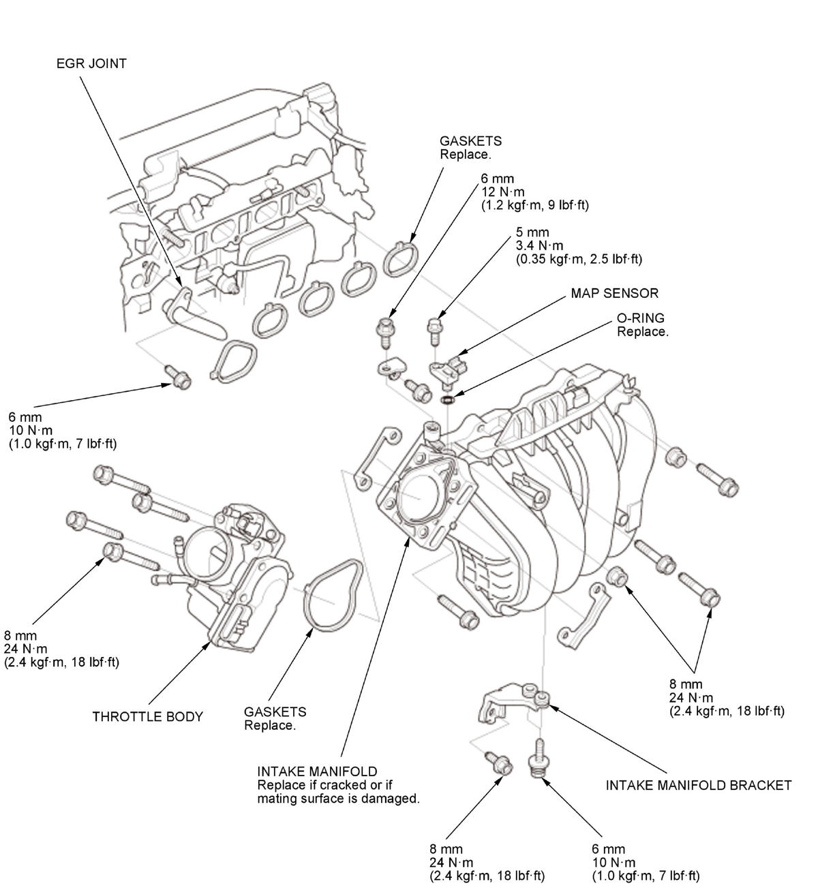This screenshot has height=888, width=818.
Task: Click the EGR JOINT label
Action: click(91, 64)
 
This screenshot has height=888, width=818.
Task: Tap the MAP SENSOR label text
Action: click(614, 294)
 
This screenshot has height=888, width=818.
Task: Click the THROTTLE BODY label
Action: click(147, 716)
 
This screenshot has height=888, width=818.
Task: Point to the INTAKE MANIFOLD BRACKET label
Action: click(698, 785)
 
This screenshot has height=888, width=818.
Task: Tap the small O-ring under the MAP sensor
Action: click(447, 399)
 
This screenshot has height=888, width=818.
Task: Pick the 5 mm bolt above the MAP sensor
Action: click(434, 330)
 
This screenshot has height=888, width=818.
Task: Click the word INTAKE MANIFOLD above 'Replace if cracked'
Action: click(317, 771)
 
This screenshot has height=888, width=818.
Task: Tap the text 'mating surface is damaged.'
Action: click(338, 798)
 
